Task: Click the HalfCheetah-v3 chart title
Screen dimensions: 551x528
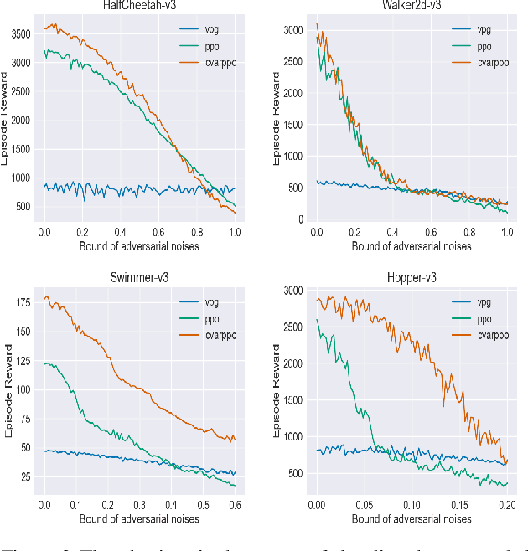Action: [x=138, y=5]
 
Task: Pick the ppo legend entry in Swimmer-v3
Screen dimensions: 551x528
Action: [x=204, y=320]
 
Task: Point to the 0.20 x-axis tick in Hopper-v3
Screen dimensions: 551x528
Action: [x=506, y=506]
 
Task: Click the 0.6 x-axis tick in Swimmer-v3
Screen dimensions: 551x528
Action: [x=236, y=506]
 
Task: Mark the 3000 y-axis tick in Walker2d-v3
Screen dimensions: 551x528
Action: [x=290, y=31]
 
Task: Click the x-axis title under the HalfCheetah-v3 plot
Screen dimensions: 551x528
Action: [x=138, y=246]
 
